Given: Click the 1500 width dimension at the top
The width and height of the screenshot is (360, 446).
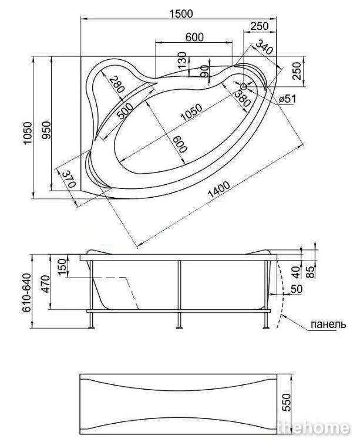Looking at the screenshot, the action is [x=181, y=13].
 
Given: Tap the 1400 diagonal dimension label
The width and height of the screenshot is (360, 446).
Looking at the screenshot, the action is [x=219, y=190].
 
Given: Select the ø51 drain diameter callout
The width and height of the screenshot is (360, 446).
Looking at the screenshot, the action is [x=287, y=99].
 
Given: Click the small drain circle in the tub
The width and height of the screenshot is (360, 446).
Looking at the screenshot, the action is [x=244, y=86].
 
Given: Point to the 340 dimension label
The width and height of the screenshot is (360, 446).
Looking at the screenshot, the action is [x=264, y=46].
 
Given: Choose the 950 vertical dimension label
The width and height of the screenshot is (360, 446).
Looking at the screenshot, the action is [x=46, y=130].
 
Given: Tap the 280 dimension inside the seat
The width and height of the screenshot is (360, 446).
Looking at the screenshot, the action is [x=117, y=84].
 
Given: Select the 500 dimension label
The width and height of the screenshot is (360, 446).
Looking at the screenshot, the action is [x=125, y=110].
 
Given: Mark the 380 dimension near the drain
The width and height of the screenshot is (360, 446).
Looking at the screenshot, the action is [x=242, y=98].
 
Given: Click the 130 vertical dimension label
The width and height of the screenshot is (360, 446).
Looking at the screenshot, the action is [x=182, y=60].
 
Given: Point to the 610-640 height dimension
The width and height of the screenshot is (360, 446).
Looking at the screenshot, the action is [x=26, y=293].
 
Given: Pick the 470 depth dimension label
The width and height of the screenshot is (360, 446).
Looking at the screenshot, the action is [x=45, y=284].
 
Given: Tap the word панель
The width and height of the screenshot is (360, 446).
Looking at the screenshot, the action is [x=328, y=324].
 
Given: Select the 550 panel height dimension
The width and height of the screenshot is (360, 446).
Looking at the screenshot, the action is [x=287, y=402].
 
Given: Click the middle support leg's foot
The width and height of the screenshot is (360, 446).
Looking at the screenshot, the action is [x=179, y=328].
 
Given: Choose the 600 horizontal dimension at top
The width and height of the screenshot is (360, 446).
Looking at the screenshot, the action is [x=194, y=37].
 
